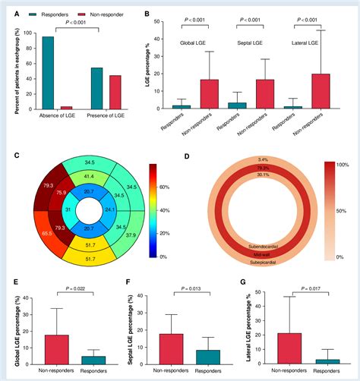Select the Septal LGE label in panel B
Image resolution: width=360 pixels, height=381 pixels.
pyautogui.click(x=252, y=43)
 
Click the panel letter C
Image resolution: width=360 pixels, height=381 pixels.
pyautogui.click(x=16, y=156)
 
